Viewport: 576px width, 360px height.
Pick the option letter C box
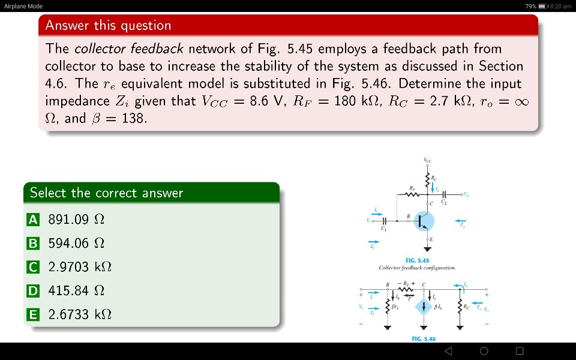click(x=34, y=267)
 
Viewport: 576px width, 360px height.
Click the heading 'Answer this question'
click(x=108, y=25)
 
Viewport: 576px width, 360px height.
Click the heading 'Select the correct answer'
click(x=106, y=193)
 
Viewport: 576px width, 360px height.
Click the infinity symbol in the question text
click(x=521, y=101)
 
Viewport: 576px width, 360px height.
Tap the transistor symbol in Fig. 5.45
click(x=424, y=221)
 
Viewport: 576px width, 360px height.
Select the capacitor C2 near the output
click(x=443, y=195)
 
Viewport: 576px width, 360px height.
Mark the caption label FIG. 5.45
click(x=417, y=260)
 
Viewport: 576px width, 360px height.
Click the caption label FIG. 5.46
click(x=424, y=339)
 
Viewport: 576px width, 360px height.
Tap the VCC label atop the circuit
click(x=427, y=160)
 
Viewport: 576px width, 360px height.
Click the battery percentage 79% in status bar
click(x=530, y=6)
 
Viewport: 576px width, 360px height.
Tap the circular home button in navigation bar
click(x=484, y=351)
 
